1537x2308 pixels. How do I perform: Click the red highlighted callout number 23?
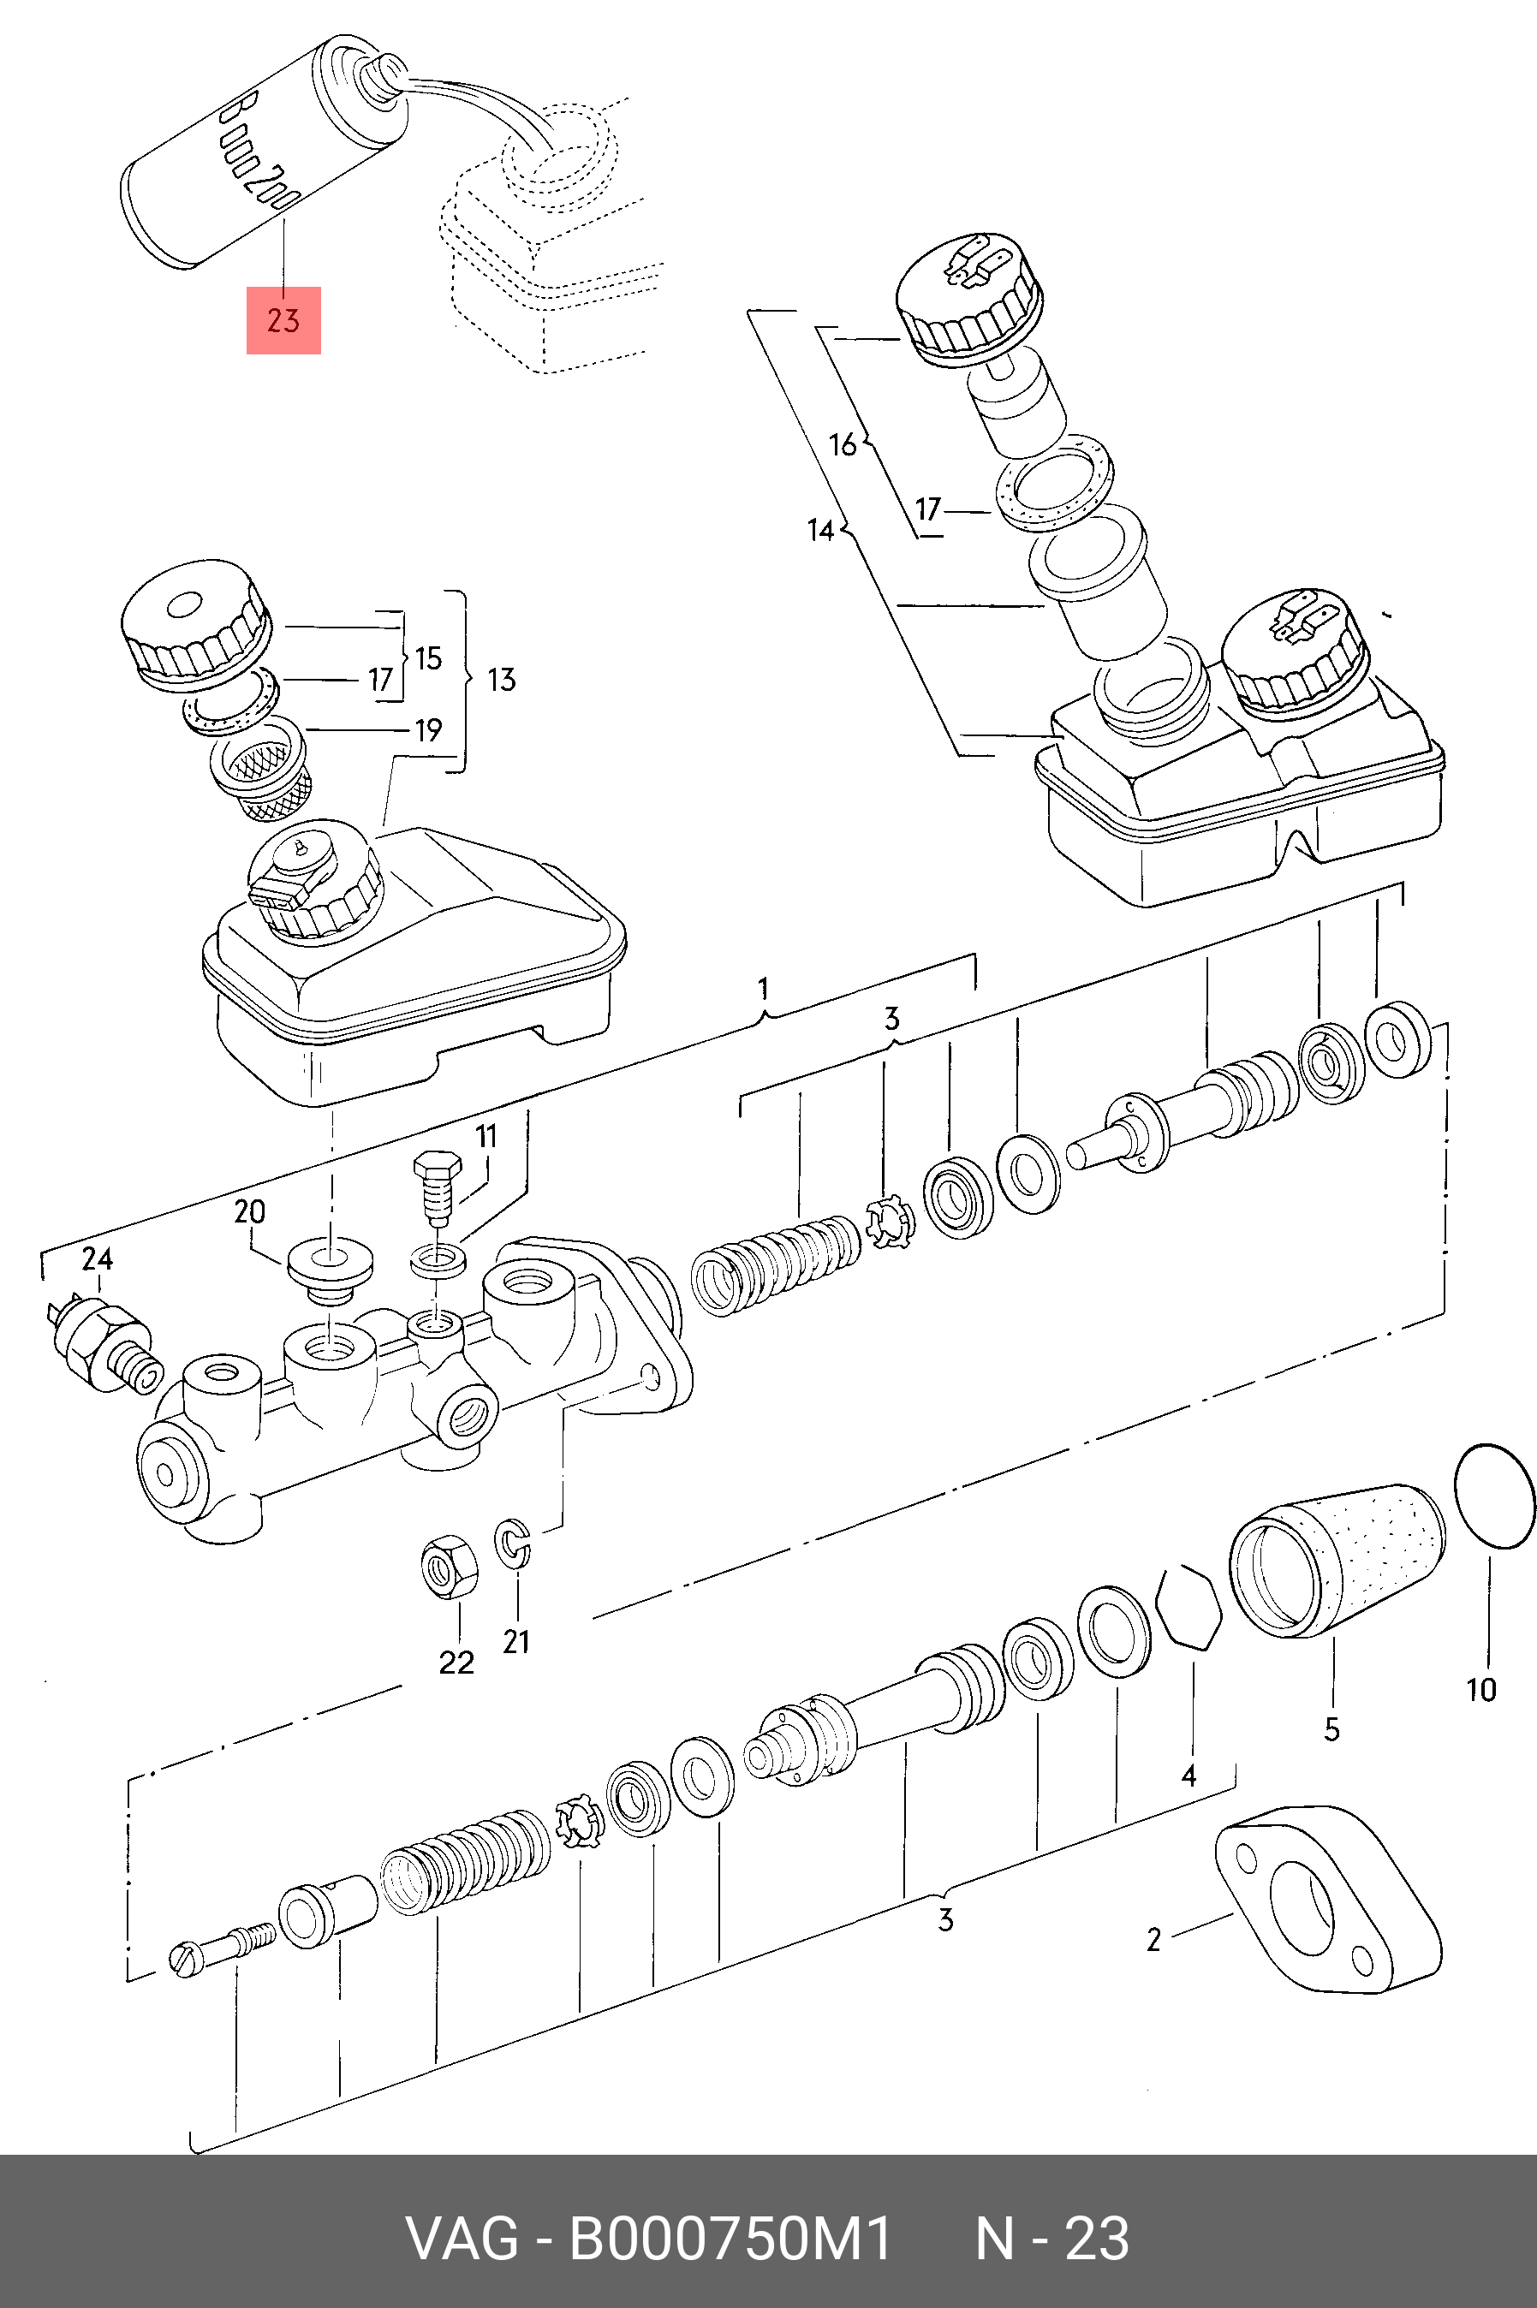coord(283,319)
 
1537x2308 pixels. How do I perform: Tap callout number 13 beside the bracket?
coord(501,679)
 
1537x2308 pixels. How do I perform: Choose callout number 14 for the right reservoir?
coord(820,530)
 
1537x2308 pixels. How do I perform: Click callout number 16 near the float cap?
coord(842,445)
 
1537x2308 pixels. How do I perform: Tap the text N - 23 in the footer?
coord(1051,2239)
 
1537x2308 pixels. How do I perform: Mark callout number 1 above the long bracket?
coord(765,987)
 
